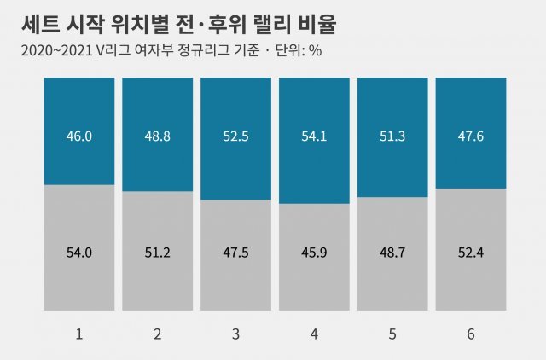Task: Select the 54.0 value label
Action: [x=78, y=253]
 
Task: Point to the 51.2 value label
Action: [x=157, y=253]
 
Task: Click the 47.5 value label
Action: [x=235, y=253]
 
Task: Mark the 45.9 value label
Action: [x=314, y=253]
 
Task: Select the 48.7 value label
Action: [x=392, y=253]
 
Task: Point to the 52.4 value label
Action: [x=471, y=253]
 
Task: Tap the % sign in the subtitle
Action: [x=315, y=49]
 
